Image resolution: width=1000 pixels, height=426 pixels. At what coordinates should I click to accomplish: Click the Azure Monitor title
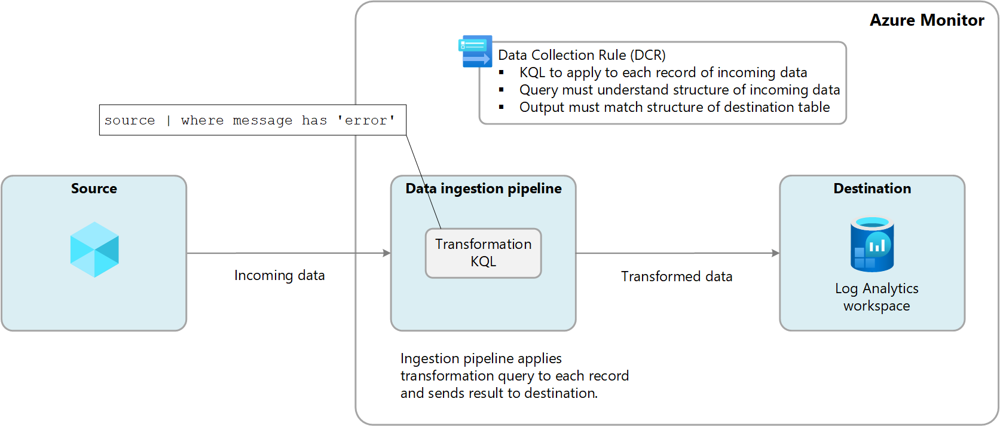926,20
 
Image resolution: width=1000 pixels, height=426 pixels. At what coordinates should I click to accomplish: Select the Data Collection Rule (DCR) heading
582,55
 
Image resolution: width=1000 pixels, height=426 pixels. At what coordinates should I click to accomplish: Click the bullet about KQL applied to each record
663,72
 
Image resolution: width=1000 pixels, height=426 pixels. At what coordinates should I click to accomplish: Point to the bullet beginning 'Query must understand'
679,90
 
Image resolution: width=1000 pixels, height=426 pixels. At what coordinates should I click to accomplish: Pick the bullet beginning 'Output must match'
674,107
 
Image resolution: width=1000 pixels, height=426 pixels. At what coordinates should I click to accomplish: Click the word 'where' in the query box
202,120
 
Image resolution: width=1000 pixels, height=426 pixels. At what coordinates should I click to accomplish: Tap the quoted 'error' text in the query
366,120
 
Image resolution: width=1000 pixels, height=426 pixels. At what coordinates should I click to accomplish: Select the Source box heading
94,188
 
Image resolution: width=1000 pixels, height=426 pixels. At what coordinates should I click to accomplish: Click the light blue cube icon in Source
94,249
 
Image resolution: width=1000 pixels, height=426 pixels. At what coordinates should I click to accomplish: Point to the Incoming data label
279,275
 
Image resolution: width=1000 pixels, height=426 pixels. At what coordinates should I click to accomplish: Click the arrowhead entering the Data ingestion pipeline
387,253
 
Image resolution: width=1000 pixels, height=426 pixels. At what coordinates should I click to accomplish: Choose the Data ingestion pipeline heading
483,188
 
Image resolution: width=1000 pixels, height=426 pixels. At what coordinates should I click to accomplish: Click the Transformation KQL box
483,253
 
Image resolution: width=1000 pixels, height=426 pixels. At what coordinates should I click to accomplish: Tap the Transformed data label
676,276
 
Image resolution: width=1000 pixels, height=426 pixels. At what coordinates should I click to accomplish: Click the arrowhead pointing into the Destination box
775,253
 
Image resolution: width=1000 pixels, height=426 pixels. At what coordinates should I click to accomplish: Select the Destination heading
872,188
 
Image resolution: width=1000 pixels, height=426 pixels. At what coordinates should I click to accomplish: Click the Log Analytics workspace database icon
872,244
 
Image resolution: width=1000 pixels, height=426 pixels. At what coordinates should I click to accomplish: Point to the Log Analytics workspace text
876,297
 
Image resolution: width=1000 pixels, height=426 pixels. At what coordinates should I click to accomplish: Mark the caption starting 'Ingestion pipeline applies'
514,376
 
